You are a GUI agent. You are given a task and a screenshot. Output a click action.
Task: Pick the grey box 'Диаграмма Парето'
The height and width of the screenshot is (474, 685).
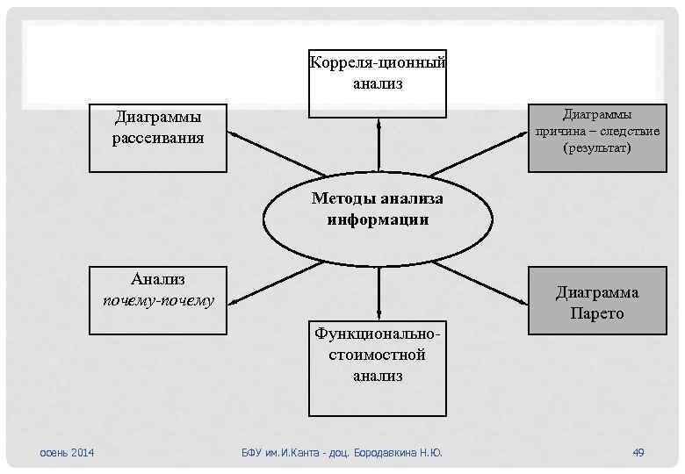tap(596, 302)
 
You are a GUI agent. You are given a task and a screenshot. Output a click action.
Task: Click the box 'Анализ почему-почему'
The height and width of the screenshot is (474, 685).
tap(158, 299)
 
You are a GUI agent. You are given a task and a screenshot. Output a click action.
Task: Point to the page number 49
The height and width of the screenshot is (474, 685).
tap(638, 452)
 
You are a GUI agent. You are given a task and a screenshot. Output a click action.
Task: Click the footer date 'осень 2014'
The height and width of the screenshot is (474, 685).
tap(68, 452)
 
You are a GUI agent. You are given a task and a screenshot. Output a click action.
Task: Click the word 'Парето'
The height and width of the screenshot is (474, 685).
tap(596, 313)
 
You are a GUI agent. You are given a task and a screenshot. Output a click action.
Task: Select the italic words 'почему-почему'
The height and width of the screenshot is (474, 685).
tap(158, 301)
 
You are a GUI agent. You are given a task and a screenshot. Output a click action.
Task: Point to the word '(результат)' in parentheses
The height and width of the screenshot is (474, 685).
tap(597, 149)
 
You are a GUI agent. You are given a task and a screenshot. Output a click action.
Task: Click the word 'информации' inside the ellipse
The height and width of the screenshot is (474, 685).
tap(379, 220)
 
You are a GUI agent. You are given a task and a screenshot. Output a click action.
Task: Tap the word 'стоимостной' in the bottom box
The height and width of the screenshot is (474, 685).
tap(378, 355)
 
